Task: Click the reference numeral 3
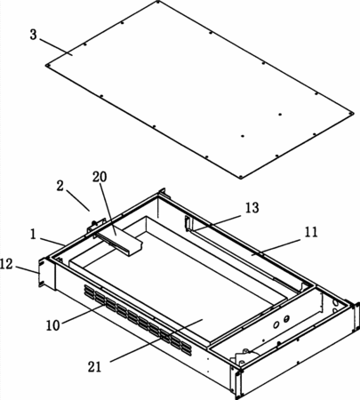pyautogui.click(x=34, y=35)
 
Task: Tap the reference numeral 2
pyautogui.click(x=60, y=187)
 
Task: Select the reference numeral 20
pyautogui.click(x=100, y=177)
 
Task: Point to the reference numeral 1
pyautogui.click(x=33, y=235)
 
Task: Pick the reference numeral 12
pyautogui.click(x=6, y=264)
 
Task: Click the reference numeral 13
pyautogui.click(x=252, y=208)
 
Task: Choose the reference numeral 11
pyautogui.click(x=311, y=232)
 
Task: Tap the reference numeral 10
pyautogui.click(x=53, y=325)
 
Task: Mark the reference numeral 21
pyautogui.click(x=94, y=367)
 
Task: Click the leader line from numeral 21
pyautogui.click(x=156, y=340)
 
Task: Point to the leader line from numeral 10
pyautogui.click(x=84, y=314)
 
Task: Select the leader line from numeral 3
pyautogui.click(x=56, y=47)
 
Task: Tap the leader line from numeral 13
pyautogui.click(x=217, y=223)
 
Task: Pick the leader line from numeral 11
pyautogui.click(x=276, y=247)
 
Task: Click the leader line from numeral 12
pyautogui.click(x=28, y=269)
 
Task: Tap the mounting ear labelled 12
pyautogui.click(x=42, y=273)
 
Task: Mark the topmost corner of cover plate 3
pyautogui.click(x=157, y=2)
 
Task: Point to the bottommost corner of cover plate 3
pyautogui.click(x=241, y=178)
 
